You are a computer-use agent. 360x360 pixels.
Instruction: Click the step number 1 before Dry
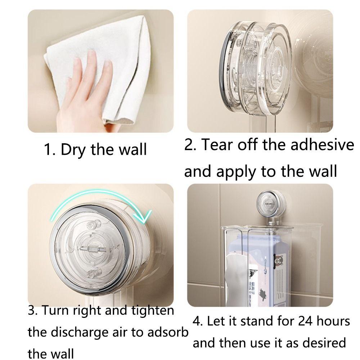[x=49, y=149]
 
